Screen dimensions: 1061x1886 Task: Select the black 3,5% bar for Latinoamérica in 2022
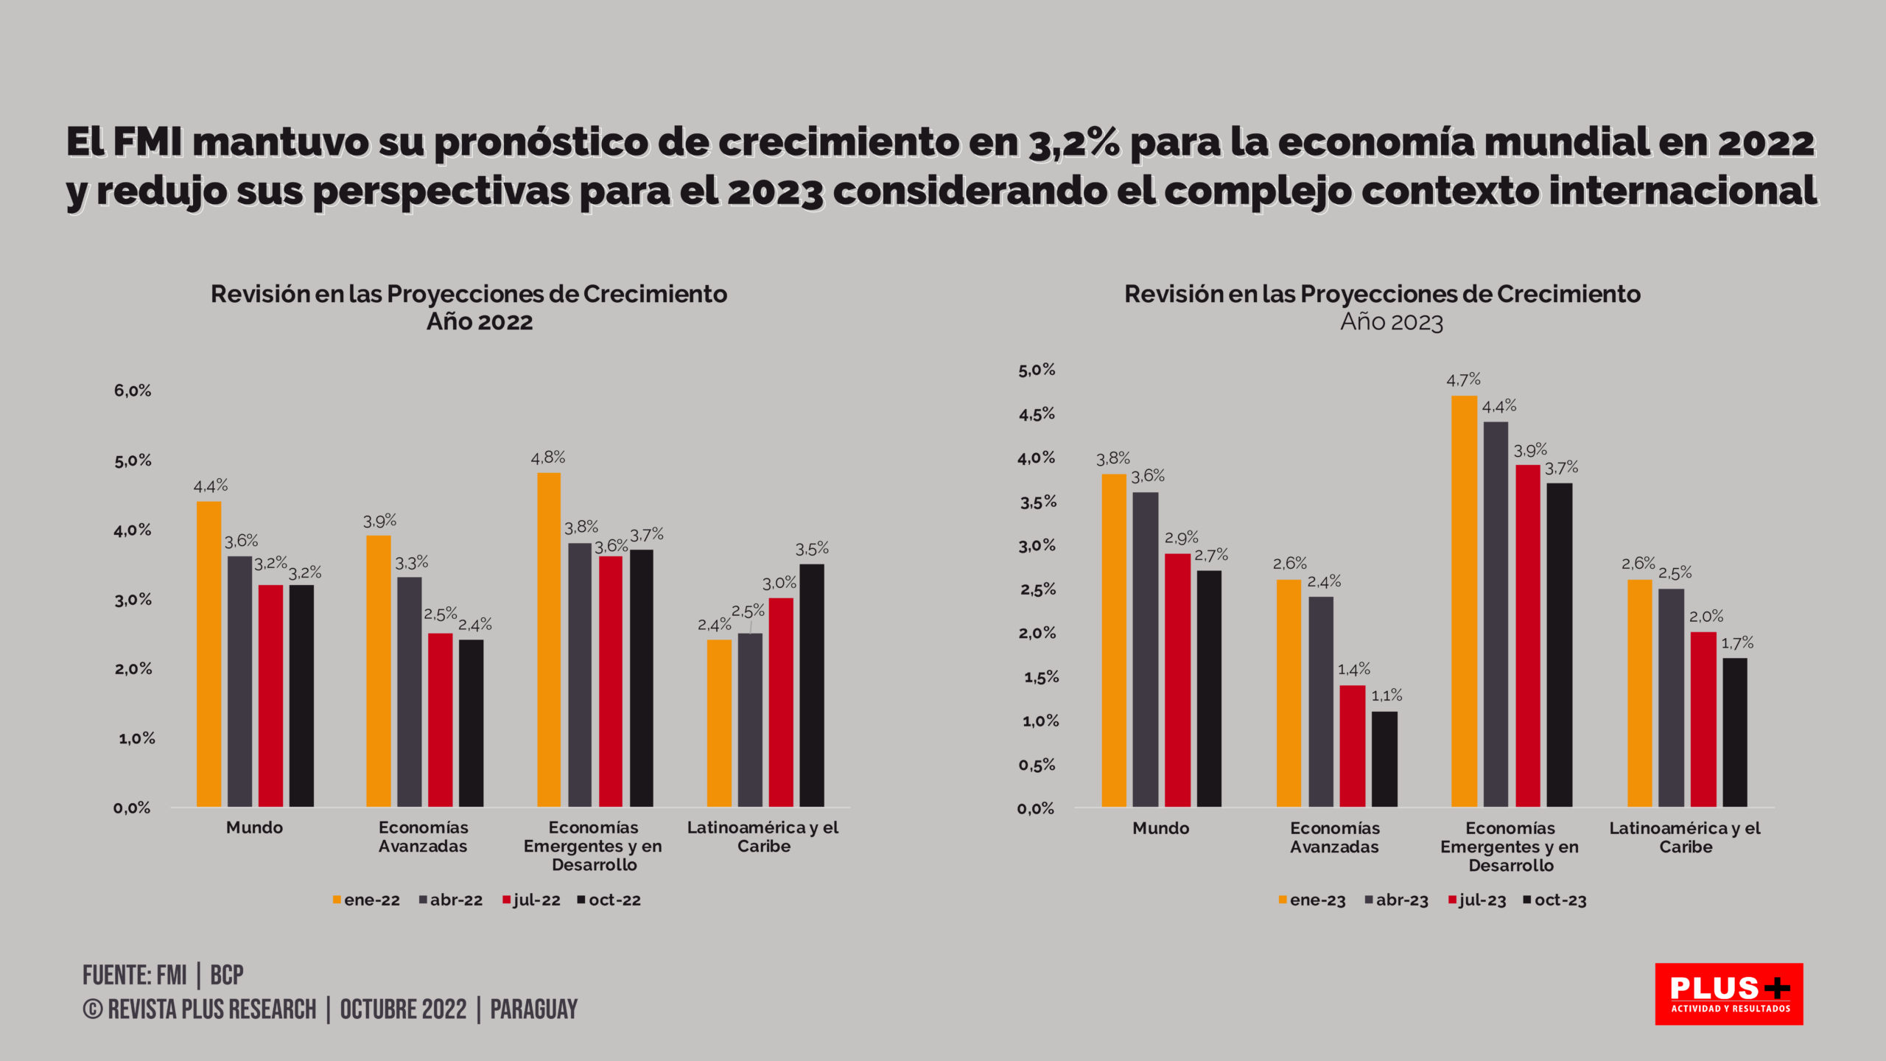(x=812, y=685)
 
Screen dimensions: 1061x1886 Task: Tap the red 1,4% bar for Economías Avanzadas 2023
(x=1352, y=746)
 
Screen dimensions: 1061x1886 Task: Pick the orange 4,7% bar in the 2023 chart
(x=1464, y=600)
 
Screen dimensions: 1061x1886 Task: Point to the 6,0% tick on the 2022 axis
(x=133, y=391)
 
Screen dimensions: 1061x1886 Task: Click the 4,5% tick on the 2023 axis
(x=1037, y=414)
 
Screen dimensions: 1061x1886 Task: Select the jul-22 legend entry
(x=531, y=900)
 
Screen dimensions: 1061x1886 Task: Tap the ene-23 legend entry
(x=1312, y=900)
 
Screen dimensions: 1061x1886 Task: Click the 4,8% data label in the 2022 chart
(x=548, y=458)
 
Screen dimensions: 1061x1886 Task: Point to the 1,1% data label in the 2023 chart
(x=1386, y=696)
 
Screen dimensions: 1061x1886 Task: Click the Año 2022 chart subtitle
(x=480, y=322)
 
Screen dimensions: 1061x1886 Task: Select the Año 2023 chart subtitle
(x=1391, y=322)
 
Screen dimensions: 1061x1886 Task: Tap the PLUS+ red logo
(x=1728, y=993)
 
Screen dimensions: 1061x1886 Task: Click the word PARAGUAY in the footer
(x=533, y=1009)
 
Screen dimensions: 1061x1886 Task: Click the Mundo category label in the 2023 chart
(x=1160, y=828)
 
